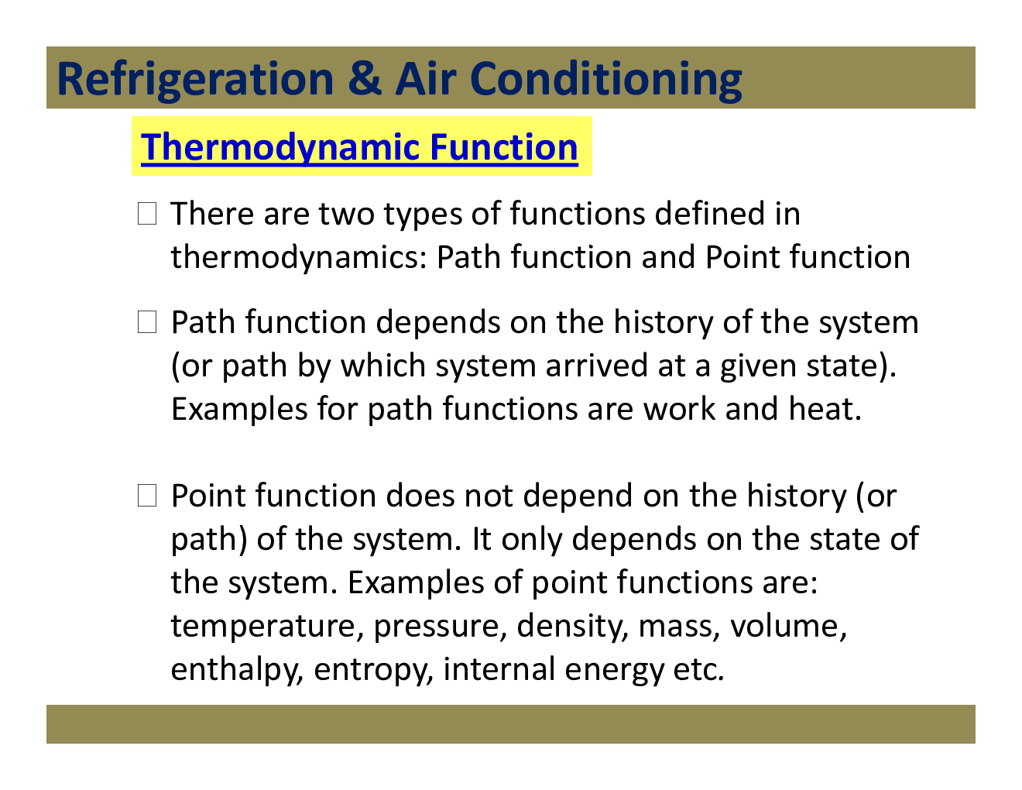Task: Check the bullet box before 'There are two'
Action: (x=147, y=214)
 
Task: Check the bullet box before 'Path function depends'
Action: (x=147, y=322)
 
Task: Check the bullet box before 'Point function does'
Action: (x=147, y=496)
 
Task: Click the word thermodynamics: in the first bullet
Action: (x=298, y=258)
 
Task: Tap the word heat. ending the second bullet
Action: (x=825, y=409)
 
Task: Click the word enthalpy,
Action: (x=237, y=670)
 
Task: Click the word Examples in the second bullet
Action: (x=238, y=409)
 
